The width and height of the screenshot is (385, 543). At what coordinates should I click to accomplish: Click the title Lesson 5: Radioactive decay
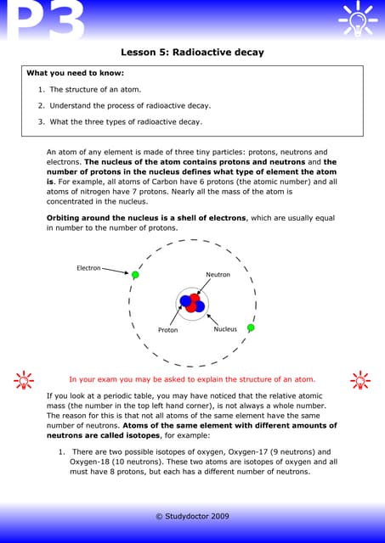[192, 53]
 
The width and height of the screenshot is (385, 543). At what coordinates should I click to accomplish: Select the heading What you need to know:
[75, 73]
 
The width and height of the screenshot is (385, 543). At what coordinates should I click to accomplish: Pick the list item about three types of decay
[125, 121]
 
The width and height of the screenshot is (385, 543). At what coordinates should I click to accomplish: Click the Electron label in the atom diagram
[88, 268]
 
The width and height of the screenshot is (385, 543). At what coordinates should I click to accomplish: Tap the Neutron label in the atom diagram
[218, 275]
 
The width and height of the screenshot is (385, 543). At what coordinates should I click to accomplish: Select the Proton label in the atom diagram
[167, 330]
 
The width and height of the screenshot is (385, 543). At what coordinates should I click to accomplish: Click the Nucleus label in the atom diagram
[225, 329]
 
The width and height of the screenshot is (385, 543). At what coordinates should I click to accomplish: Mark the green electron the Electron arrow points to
[134, 275]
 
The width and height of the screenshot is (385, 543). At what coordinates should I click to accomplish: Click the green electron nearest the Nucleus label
[251, 327]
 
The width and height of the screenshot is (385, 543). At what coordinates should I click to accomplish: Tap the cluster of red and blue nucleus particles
[192, 302]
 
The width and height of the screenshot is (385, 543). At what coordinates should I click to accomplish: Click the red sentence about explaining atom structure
[191, 379]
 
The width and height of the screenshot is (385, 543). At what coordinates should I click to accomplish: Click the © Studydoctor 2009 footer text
[192, 516]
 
